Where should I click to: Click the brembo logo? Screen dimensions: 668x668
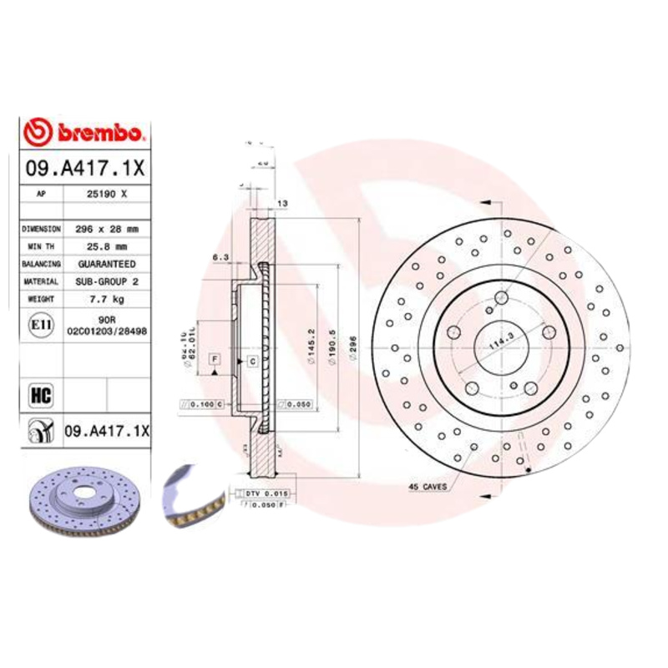pos(85,131)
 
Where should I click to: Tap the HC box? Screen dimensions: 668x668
pos(38,391)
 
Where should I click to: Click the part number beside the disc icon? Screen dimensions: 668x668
pos(106,431)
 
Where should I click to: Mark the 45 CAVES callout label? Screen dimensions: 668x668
pos(428,485)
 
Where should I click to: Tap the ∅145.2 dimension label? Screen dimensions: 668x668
pos(308,342)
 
